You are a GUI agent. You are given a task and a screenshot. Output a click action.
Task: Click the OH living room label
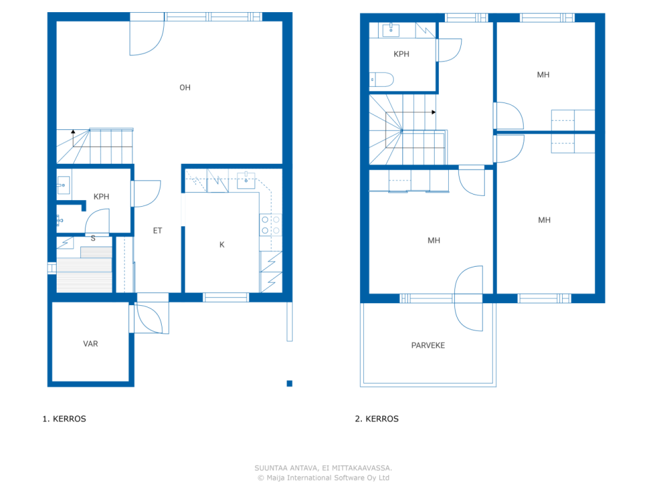point(185,87)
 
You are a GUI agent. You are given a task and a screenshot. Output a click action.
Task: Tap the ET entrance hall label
point(158,230)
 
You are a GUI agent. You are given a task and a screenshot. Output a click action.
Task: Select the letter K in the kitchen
point(222,245)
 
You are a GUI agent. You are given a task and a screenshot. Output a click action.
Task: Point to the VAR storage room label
point(90,344)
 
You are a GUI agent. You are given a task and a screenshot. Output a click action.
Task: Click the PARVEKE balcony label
point(428,346)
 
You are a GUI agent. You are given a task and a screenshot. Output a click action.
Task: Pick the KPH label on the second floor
point(401,54)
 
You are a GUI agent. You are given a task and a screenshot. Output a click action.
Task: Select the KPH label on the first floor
point(101,197)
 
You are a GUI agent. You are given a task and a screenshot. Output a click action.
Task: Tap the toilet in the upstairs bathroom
point(382,79)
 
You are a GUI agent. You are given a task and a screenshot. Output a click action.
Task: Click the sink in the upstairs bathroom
point(391,30)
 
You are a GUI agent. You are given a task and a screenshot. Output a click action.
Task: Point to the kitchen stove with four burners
point(270,225)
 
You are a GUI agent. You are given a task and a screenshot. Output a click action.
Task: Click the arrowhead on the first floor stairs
point(73,131)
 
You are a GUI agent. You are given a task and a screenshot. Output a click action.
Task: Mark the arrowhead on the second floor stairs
point(434,112)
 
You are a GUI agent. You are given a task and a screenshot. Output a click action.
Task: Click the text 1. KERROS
point(64,419)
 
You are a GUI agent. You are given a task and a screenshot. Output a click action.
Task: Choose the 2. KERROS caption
point(377,419)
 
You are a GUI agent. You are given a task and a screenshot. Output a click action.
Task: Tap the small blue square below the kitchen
point(290,383)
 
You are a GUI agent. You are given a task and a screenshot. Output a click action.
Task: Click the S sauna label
point(93,238)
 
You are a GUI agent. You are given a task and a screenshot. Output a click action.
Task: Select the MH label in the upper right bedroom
point(543,75)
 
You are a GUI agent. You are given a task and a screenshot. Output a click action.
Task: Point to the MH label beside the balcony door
point(434,240)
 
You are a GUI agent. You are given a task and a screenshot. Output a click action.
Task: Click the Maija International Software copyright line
point(323,477)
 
